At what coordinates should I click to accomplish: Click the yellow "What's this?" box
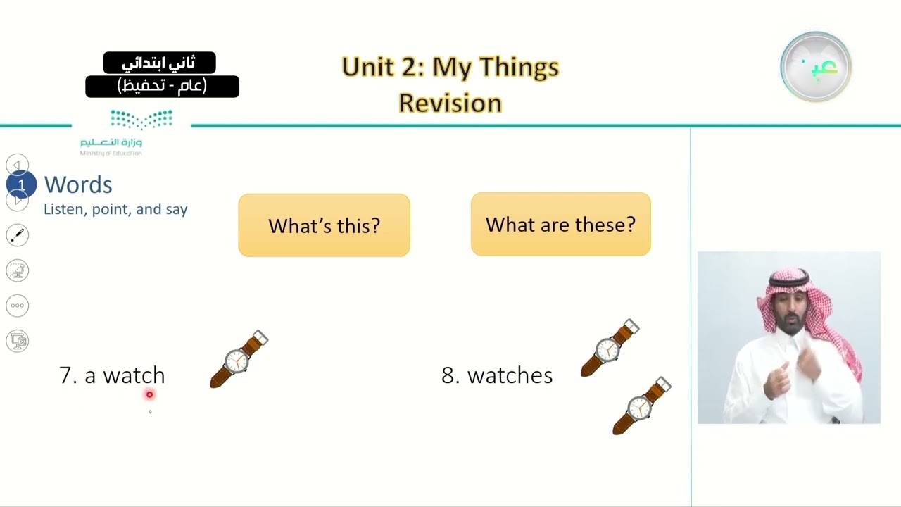tap(324, 225)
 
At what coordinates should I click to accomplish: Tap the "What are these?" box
tap(560, 225)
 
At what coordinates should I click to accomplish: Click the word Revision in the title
tap(450, 103)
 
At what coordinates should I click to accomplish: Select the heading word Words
tap(78, 184)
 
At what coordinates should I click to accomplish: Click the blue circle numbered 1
tap(21, 185)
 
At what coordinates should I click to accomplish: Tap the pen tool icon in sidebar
tap(18, 235)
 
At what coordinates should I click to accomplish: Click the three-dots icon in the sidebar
tap(18, 306)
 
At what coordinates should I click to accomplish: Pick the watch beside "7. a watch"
tap(239, 359)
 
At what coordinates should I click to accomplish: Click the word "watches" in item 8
tap(510, 375)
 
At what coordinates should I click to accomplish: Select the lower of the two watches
tap(641, 406)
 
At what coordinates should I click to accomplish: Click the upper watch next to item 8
tap(610, 348)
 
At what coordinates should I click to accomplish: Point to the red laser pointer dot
tap(149, 395)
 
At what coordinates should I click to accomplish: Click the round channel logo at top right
tap(816, 67)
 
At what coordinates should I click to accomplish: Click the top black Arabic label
tap(159, 63)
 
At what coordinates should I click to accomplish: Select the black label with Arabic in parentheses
tap(162, 87)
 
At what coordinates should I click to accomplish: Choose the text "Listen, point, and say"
tap(115, 210)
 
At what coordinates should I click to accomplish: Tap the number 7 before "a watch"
tap(67, 375)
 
